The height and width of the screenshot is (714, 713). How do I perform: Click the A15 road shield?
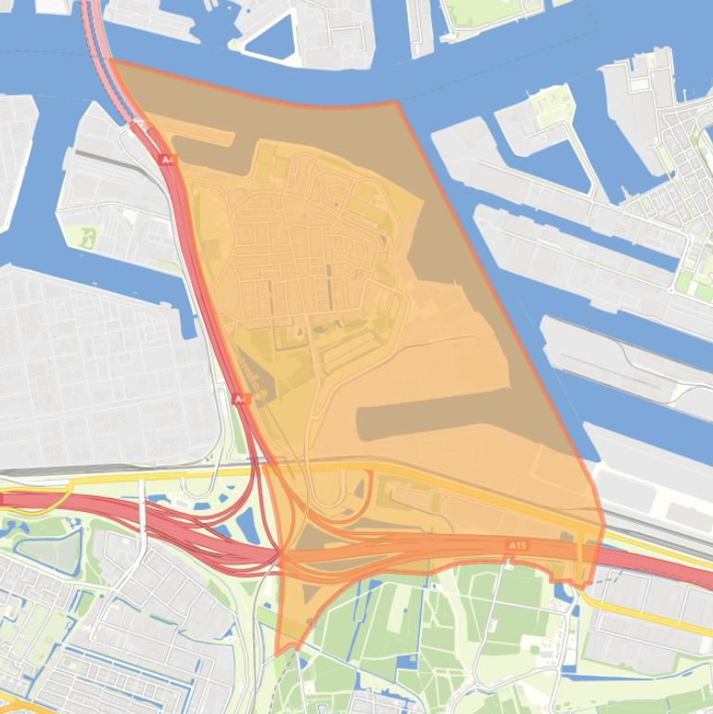click(517, 545)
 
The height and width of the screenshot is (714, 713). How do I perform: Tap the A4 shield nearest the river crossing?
click(167, 159)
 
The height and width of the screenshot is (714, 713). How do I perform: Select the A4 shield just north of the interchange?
click(239, 399)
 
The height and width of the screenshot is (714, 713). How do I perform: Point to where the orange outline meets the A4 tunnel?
click(113, 61)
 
